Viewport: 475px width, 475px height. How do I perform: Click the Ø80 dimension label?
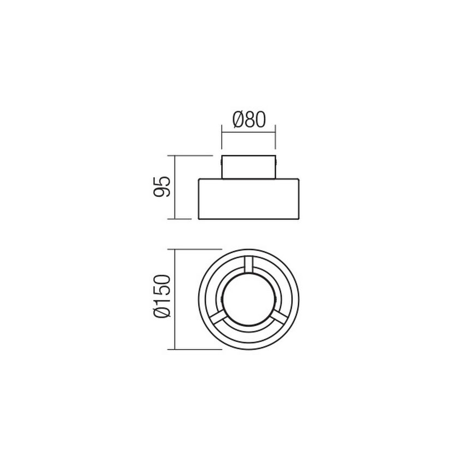coord(248,119)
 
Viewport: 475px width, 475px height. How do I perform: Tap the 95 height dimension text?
coord(162,187)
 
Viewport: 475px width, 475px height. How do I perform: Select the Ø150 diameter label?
coord(163,298)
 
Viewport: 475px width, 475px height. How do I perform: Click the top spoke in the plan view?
coord(248,266)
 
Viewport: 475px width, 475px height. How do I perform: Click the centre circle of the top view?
coord(248,300)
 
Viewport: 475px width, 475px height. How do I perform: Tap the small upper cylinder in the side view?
coord(248,167)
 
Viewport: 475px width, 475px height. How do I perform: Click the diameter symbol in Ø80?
coord(236,119)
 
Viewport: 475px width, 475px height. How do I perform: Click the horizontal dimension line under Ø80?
coord(248,130)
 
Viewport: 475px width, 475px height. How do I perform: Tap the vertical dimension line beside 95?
coord(174,187)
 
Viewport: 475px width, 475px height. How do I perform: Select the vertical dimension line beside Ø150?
coord(174,299)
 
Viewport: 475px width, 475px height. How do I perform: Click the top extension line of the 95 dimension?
coord(192,155)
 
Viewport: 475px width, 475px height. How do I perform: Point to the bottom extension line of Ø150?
coord(197,349)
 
